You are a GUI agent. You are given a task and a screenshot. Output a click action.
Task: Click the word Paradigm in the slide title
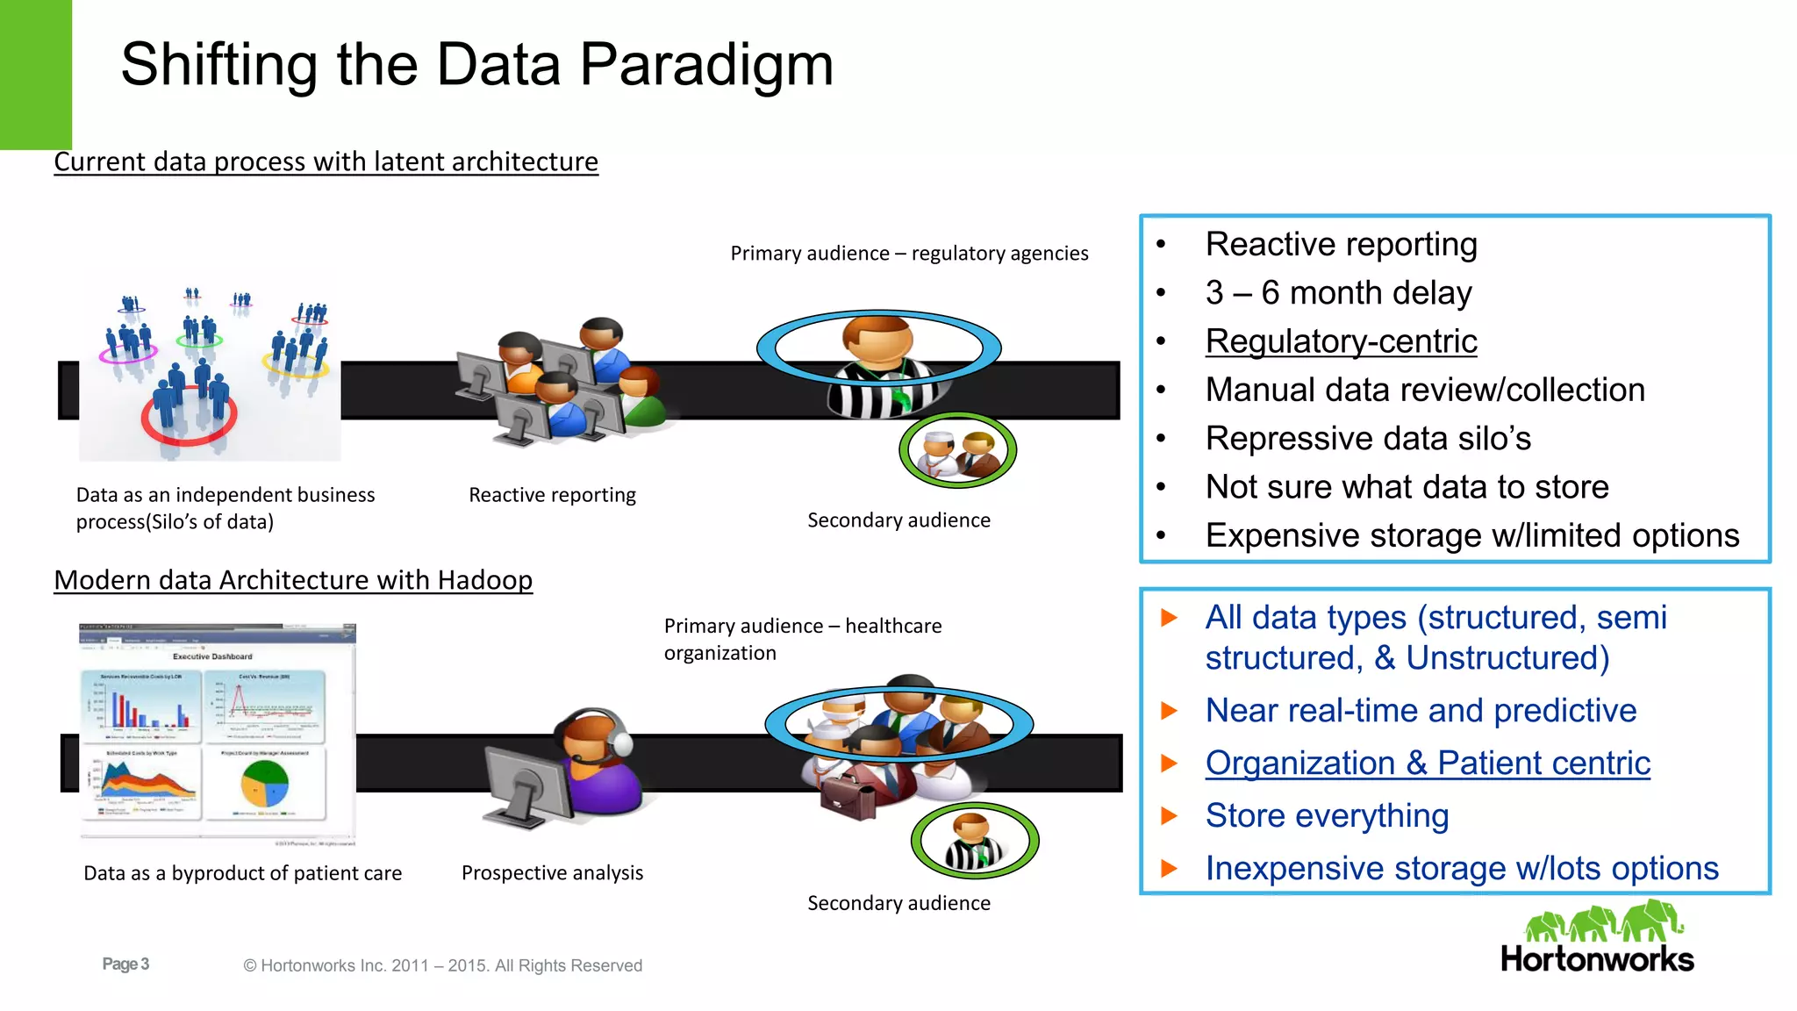point(706,66)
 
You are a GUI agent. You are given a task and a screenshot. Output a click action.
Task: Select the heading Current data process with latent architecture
point(326,162)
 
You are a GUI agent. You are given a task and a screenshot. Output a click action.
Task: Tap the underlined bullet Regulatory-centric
point(1341,341)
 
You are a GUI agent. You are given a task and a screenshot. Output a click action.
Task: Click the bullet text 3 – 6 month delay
point(1338,293)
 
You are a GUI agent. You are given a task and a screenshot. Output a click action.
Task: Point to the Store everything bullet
point(1327,816)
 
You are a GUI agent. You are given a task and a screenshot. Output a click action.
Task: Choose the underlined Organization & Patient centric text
point(1428,764)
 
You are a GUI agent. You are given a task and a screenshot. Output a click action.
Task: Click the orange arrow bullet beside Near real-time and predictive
point(1168,711)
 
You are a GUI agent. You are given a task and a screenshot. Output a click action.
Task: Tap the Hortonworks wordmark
point(1597,959)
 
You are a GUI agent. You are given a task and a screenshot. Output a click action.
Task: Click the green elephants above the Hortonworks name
point(1603,921)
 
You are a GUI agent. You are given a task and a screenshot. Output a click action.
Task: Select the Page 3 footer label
point(125,964)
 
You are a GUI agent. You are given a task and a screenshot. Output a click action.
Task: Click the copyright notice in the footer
point(443,966)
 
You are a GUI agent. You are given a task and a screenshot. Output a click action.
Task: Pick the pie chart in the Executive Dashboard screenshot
point(264,784)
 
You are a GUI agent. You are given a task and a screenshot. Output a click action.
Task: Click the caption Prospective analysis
point(552,873)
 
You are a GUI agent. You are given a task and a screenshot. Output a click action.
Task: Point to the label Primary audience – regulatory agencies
point(909,254)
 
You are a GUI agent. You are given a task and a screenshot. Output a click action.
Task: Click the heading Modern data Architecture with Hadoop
point(293,581)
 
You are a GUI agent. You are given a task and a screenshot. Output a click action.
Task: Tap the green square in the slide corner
point(35,75)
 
